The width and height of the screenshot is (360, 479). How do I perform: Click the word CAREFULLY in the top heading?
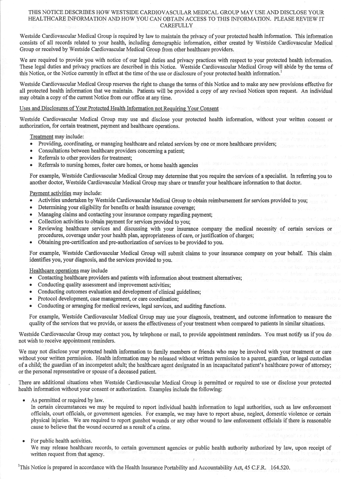180,25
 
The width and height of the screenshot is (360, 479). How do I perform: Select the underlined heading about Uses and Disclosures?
119,109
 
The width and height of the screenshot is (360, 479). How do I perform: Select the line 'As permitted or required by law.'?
66,400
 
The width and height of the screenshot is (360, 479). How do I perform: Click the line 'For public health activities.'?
61,441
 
